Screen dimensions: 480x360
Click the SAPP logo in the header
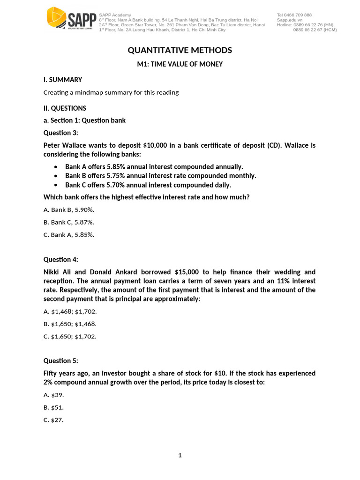tap(71, 21)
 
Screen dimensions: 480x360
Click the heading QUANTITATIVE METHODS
tap(180, 50)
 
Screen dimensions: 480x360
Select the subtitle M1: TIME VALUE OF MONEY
tap(180, 64)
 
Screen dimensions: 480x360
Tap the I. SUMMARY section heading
tap(63, 80)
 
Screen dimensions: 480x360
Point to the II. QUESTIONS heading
tap(65, 108)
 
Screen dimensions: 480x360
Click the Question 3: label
tap(61, 133)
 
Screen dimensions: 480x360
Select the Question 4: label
tap(61, 259)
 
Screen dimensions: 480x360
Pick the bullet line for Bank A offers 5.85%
tap(154, 166)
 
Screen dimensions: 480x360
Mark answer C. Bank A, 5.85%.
tap(69, 235)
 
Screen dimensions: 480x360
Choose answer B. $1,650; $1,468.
tap(70, 323)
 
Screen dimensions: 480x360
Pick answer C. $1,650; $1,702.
tap(70, 336)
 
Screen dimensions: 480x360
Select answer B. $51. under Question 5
tap(53, 407)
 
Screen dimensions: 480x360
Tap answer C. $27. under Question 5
tap(53, 420)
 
